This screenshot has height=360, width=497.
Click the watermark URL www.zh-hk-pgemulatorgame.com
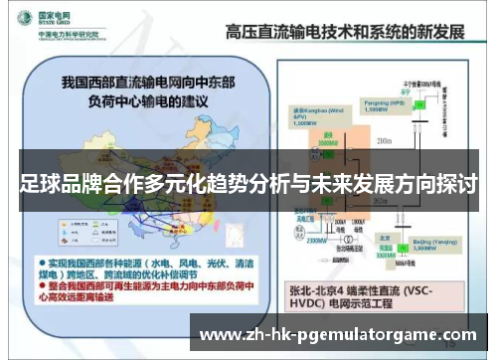click(338, 334)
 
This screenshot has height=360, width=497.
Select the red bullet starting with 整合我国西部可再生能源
click(144, 286)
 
